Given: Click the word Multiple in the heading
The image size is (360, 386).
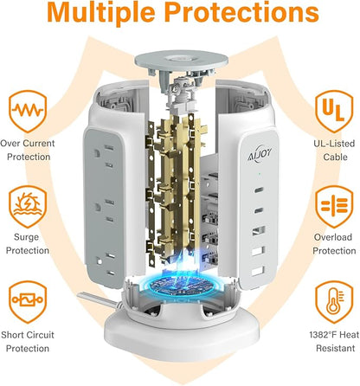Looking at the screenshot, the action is [101, 13].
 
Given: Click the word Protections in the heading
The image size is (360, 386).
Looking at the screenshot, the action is [241, 12].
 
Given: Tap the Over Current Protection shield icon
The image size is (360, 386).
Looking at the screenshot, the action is [28, 111].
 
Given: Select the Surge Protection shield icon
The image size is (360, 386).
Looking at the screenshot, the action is [28, 207].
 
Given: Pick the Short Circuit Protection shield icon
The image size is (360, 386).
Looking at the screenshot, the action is [28, 302].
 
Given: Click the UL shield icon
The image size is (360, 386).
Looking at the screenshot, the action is [334, 111].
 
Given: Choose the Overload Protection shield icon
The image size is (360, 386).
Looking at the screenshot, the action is [334, 207].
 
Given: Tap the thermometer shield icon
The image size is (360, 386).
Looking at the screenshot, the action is [334, 302].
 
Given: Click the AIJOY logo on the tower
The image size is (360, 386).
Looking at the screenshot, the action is [260, 154].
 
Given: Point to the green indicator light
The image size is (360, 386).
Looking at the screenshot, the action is [260, 174].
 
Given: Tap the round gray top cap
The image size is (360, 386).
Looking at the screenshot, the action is [182, 61].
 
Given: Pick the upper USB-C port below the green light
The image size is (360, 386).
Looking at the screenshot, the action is [259, 190].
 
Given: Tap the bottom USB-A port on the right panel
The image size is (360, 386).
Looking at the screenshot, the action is [258, 271].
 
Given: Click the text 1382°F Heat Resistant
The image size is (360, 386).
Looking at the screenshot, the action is [335, 342].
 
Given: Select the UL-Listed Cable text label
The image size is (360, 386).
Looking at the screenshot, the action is [335, 150].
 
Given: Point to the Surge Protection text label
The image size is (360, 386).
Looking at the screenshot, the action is [28, 244].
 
